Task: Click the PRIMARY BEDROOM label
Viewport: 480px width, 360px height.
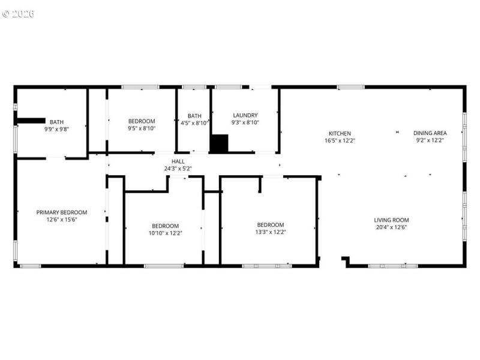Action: point(62,212)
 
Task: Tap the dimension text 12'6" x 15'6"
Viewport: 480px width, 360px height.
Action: point(62,220)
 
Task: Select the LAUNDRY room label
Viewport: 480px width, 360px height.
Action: point(245,115)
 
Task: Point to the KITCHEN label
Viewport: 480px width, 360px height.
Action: point(340,133)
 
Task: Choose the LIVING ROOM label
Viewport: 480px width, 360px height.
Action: point(391,220)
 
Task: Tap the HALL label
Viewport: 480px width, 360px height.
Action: point(178,161)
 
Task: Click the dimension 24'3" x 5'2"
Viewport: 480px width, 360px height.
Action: point(178,169)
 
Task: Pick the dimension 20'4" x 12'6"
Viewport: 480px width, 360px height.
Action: point(391,227)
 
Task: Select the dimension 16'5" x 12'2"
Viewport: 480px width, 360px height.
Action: point(340,140)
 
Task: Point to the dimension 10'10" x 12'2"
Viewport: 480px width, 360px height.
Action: point(165,233)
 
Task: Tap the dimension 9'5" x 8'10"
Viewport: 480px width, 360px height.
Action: point(142,128)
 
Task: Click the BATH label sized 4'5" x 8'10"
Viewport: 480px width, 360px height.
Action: point(194,116)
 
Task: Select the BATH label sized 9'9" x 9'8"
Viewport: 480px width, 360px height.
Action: point(56,122)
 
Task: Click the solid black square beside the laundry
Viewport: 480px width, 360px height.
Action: point(219,143)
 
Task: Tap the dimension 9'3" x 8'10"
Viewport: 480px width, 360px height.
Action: point(245,122)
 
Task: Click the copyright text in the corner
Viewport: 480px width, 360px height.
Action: point(18,13)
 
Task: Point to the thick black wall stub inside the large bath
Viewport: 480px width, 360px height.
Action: point(32,119)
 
